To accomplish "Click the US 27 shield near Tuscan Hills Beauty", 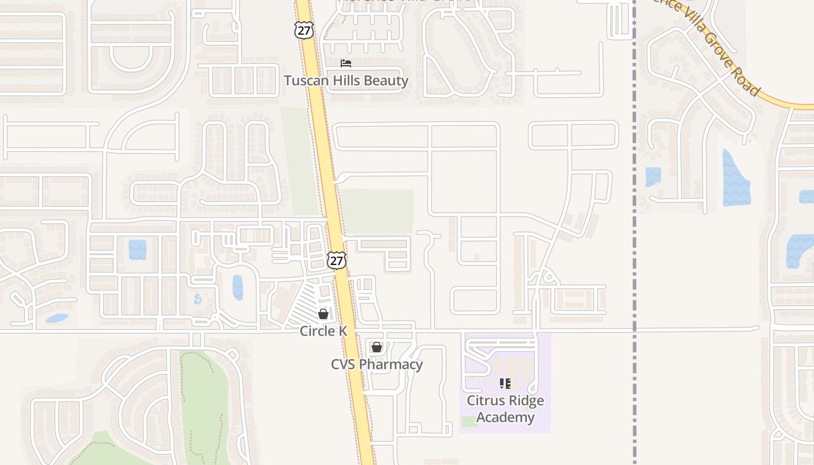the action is point(304,30).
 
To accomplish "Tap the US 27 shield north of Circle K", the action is point(336,260).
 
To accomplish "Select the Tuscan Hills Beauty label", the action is point(346,80).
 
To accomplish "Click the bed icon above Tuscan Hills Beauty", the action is point(346,63).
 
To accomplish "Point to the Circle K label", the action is point(323,331).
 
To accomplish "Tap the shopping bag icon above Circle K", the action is point(323,314).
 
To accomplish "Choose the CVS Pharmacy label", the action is point(377,364).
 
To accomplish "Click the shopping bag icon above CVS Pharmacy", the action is point(377,347).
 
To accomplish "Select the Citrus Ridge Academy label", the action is point(505,409).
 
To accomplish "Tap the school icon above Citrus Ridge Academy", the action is point(505,384).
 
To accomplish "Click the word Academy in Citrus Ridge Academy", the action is point(505,417).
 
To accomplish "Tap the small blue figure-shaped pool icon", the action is point(198,299).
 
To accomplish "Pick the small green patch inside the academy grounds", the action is point(469,421).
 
